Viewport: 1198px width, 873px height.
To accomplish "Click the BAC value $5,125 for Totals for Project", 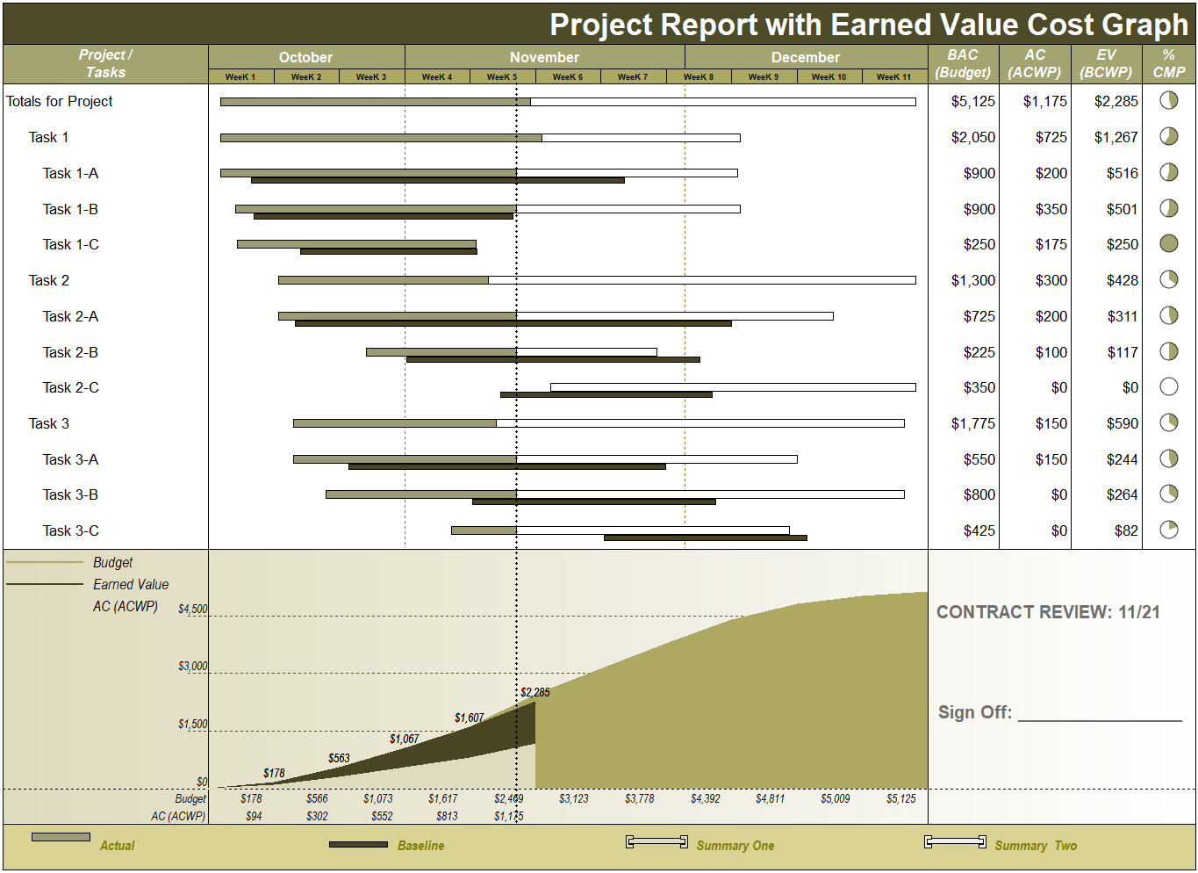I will tap(973, 102).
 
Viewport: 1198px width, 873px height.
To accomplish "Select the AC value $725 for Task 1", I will tap(1051, 138).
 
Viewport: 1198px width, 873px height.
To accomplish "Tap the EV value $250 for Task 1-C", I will tap(1123, 245).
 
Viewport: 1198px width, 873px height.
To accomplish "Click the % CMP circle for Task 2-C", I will tap(1169, 386).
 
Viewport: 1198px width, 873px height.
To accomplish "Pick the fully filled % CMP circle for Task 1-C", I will tap(1169, 243).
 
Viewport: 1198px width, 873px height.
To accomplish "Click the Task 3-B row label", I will tap(70, 495).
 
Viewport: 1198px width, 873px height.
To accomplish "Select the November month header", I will tap(544, 58).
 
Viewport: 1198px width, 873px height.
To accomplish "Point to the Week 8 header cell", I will tap(699, 77).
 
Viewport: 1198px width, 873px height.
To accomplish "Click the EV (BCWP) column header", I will tap(1106, 64).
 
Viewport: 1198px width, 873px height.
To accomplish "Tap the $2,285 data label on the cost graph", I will tap(535, 693).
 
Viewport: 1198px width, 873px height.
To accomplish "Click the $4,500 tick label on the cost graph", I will tap(193, 610).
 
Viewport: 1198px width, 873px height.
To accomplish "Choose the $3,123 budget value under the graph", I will tap(574, 799).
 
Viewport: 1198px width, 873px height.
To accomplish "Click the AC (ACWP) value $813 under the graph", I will tap(447, 817).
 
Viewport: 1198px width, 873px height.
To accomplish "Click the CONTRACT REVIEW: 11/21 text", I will tap(1048, 613).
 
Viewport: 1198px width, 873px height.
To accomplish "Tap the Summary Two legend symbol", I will tap(955, 842).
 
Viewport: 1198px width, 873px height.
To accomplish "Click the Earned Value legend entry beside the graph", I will tap(131, 585).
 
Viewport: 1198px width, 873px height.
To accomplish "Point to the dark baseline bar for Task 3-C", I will tap(705, 538).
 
